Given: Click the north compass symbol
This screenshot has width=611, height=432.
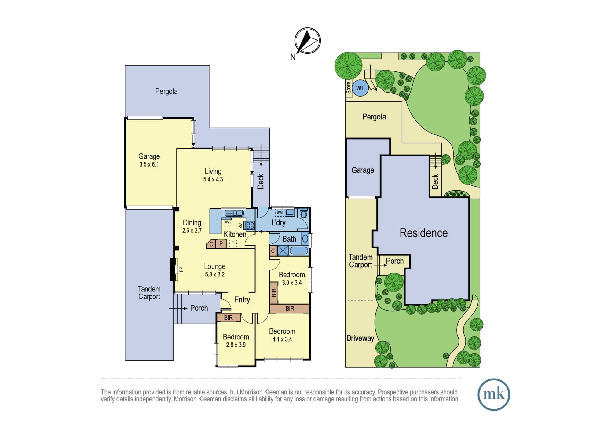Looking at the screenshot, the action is (x=307, y=41).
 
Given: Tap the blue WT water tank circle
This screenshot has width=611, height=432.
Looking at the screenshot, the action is (x=360, y=88).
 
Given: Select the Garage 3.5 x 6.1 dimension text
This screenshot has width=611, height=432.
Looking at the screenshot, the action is (x=149, y=164).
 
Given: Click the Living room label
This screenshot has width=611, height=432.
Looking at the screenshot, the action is (x=213, y=171).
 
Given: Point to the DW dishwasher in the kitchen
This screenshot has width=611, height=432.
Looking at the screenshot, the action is (x=226, y=222).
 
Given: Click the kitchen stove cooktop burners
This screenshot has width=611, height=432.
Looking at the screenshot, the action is (x=250, y=225).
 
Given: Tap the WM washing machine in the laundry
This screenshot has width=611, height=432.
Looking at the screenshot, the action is (x=280, y=212).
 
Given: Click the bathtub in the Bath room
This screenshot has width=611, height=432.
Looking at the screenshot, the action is (x=299, y=251).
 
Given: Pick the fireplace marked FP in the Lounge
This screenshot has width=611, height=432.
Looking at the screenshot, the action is (x=175, y=269).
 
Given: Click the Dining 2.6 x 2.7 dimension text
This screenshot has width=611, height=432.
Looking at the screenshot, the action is (x=192, y=231).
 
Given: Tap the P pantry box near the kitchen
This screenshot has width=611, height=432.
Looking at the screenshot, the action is (x=221, y=244).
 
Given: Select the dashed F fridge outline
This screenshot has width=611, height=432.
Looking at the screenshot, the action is (x=233, y=243).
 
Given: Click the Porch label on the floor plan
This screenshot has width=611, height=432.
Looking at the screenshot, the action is (x=199, y=308).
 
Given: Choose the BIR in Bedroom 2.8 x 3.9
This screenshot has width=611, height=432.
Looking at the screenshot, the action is (x=229, y=318).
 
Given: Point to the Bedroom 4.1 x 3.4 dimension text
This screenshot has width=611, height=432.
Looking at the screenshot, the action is (x=282, y=339).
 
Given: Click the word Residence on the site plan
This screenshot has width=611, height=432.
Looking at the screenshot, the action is (x=423, y=233).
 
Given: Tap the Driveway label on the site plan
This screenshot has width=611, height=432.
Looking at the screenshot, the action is (x=360, y=338).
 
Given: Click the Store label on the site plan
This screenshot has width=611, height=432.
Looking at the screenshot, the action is (x=349, y=88).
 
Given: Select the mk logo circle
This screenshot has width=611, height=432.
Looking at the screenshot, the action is (x=494, y=394).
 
